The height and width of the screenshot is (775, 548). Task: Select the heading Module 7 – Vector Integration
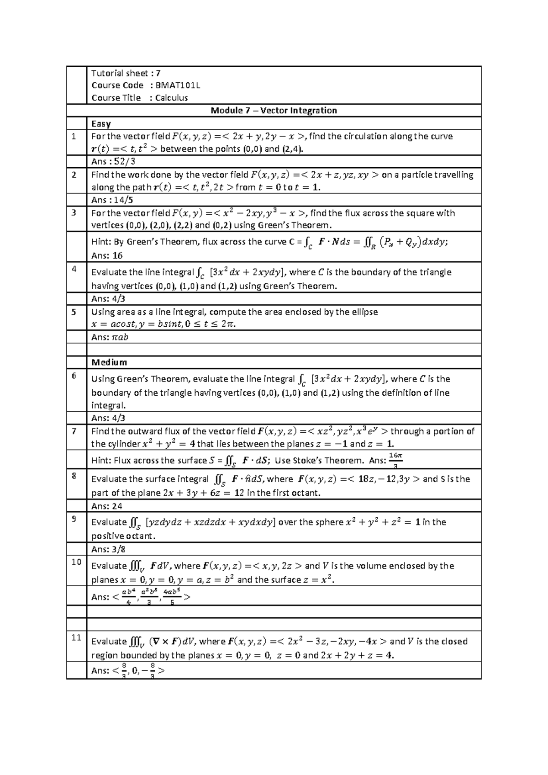pos(274,111)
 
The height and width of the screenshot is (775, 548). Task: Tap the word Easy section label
pos(101,123)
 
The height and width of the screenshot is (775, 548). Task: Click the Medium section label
pos(109,362)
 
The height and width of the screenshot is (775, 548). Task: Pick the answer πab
pos(120,337)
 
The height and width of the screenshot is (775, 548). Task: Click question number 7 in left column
pos(74,430)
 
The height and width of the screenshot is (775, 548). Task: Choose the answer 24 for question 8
pos(117,506)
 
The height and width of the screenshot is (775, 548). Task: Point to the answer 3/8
pos(118,549)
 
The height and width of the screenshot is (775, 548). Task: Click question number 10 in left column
pos(76,562)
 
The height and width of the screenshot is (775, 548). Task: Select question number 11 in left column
pos(76,637)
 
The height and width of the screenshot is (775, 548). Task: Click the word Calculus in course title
pos(171,98)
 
